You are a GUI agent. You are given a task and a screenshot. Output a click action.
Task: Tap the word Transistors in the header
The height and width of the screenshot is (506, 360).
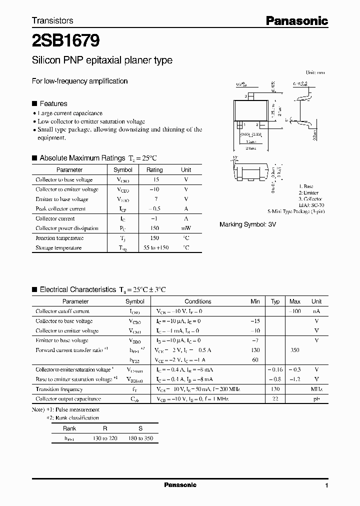tap(52, 20)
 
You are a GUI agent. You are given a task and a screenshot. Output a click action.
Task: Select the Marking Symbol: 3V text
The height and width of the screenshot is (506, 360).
tap(247, 224)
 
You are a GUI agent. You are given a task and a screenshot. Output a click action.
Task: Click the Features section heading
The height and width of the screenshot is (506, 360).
tap(53, 103)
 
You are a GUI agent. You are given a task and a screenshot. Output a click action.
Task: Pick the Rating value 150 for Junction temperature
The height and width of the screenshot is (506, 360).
tap(154, 238)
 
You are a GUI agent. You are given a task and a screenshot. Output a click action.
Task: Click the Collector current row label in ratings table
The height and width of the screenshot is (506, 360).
tap(54, 218)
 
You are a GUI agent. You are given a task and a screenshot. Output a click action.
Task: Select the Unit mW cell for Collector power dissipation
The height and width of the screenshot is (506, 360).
tap(185, 228)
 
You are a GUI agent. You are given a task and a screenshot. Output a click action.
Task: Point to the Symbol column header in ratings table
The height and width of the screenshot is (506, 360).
tap(123, 170)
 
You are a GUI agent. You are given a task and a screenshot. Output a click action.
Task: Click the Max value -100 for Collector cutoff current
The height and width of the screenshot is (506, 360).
tap(294, 311)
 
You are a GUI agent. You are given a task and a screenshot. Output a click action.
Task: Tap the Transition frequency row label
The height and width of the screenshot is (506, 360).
tap(59, 389)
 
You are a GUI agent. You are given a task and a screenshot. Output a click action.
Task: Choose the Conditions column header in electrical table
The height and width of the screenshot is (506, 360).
tap(198, 301)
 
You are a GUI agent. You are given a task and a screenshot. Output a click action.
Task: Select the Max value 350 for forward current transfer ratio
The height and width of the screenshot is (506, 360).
tap(294, 350)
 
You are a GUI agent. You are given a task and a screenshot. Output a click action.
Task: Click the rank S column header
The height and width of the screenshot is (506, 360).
tap(140, 428)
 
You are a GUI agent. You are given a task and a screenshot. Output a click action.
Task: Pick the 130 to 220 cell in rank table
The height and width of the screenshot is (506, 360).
tap(105, 438)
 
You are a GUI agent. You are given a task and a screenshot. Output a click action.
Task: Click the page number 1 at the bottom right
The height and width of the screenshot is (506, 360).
tap(326, 485)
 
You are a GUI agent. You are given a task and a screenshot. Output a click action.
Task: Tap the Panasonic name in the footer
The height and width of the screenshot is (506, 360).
tap(180, 485)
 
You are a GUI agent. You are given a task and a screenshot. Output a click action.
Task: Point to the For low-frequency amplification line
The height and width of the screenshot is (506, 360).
tap(80, 81)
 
